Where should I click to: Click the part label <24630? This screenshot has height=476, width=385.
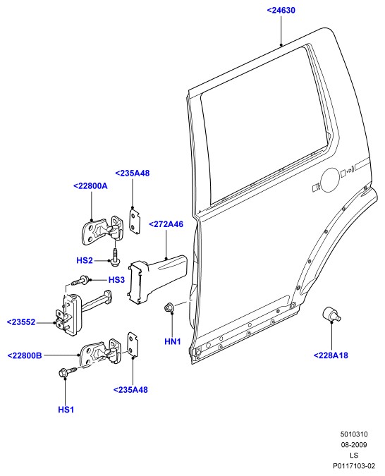coord(281,11)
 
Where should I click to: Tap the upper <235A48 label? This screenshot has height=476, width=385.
coord(133,173)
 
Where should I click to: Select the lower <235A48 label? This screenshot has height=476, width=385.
coord(130,390)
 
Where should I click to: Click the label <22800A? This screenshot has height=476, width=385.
coord(90,185)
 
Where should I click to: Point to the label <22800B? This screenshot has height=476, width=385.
coord(25,355)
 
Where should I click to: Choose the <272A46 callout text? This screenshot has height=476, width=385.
coord(166,224)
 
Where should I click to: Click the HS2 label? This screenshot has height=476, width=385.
coord(85,260)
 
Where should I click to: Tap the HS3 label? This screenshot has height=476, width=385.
coord(116,279)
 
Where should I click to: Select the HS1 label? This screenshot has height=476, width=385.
coord(66,410)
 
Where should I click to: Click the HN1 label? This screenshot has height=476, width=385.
coord(173,341)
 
